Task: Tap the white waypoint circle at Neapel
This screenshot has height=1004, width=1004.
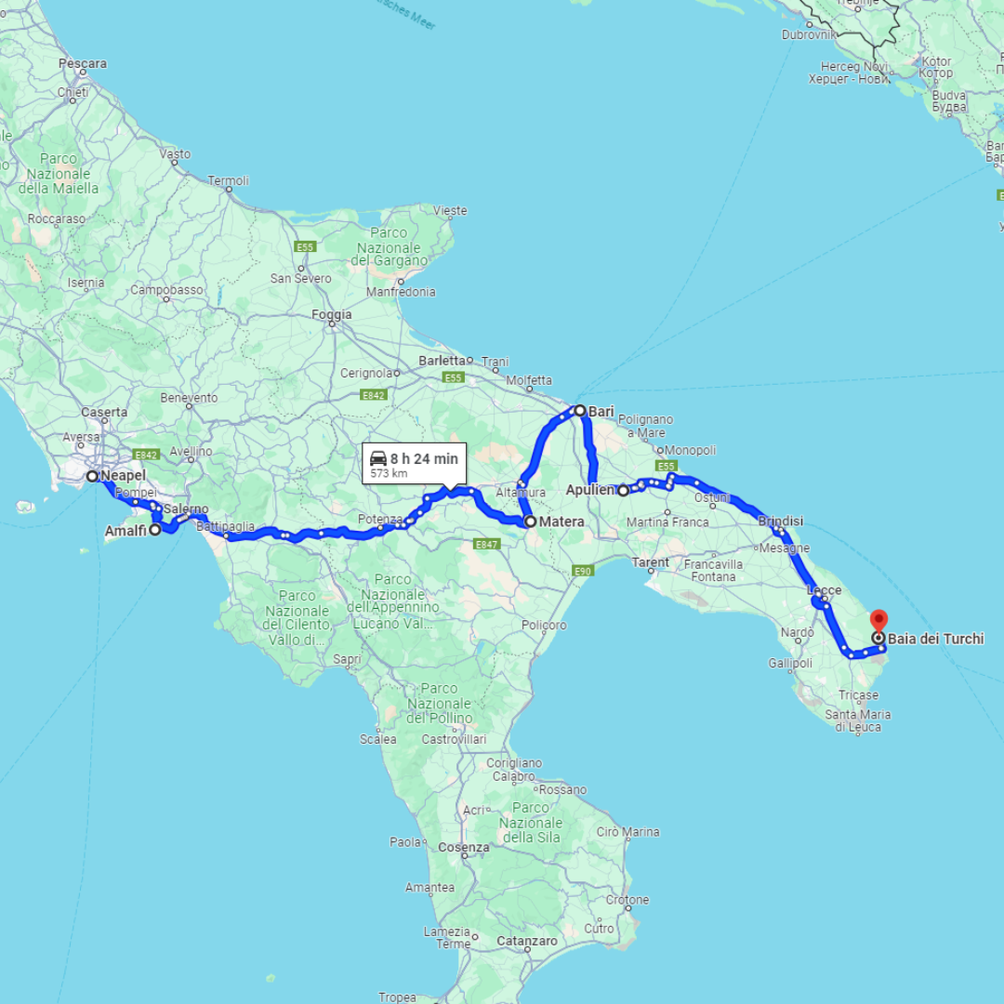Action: point(93,476)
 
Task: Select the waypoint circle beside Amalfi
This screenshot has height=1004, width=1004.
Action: point(155,530)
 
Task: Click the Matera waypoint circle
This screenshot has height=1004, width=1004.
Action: point(530,522)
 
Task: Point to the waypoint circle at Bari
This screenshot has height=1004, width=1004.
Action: point(579,410)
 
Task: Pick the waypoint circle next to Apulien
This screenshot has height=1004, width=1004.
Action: point(624,490)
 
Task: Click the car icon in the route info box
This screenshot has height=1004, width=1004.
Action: point(378,458)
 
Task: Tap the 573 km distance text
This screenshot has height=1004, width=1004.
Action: point(389,473)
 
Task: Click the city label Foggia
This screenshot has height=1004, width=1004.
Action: point(332,315)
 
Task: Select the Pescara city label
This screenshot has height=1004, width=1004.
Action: point(83,64)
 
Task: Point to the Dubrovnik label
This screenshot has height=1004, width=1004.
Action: point(809,35)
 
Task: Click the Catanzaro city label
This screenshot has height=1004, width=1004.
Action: point(526,942)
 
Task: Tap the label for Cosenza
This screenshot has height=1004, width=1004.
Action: point(463,848)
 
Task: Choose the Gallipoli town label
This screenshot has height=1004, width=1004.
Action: point(790,663)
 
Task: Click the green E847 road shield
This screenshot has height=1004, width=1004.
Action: point(486,545)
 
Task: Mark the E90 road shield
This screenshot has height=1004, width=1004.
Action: point(583,571)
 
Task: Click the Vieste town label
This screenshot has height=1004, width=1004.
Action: point(450,211)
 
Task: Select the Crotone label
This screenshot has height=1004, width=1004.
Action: point(627,900)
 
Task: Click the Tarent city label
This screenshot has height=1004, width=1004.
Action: point(650,562)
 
